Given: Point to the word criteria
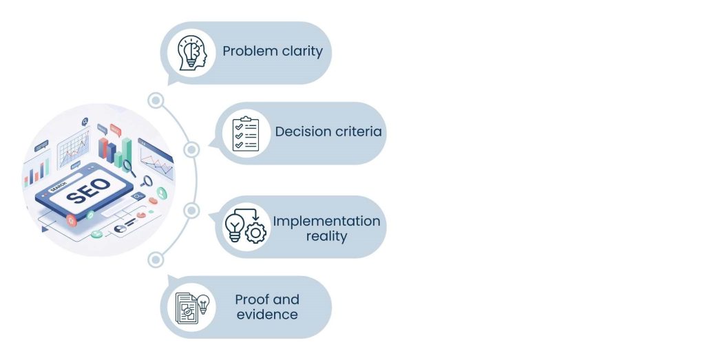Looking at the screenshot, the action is click(x=357, y=131).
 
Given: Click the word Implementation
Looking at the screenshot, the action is click(x=326, y=222).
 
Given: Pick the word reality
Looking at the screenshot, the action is click(x=326, y=236).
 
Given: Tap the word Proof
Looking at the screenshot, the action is click(x=252, y=299).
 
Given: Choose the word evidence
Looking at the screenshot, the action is click(x=267, y=315).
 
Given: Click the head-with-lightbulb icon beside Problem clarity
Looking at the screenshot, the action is click(x=192, y=53).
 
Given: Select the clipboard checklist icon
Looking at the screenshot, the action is click(x=246, y=134).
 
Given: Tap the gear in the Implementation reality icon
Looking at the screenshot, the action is click(x=256, y=233).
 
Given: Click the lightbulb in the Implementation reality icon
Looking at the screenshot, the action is click(x=234, y=227).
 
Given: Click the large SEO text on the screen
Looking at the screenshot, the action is click(x=89, y=191).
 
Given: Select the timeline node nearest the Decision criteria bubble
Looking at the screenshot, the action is click(x=191, y=149).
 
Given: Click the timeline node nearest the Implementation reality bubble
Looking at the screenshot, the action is click(x=191, y=211).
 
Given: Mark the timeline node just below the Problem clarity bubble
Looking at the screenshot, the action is click(x=156, y=100).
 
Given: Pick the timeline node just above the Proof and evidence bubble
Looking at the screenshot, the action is click(x=156, y=260).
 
